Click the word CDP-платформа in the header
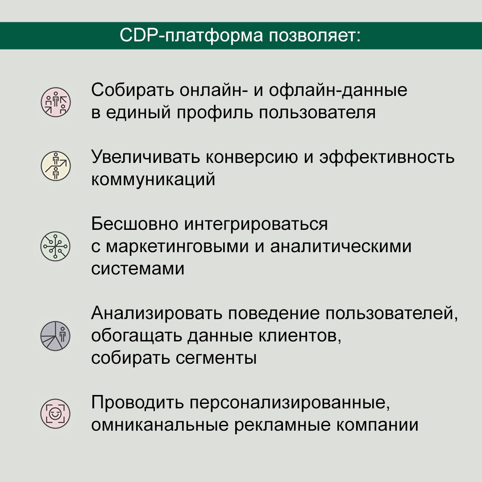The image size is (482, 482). coord(191,36)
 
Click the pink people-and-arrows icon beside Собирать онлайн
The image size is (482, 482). coord(56,102)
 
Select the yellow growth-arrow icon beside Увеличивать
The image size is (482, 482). coord(56,166)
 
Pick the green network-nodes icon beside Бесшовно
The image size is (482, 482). coord(55,246)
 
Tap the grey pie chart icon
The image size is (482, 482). coord(55,336)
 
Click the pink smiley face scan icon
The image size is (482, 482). coord(55,414)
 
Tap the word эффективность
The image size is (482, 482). coord(386,158)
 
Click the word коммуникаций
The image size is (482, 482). coord(153,180)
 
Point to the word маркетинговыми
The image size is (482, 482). coord(177,246)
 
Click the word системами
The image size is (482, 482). coord(138,269)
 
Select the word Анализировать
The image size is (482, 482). coord(157,314)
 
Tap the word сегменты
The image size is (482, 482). coord(216,358)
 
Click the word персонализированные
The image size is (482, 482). coord(290,403)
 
